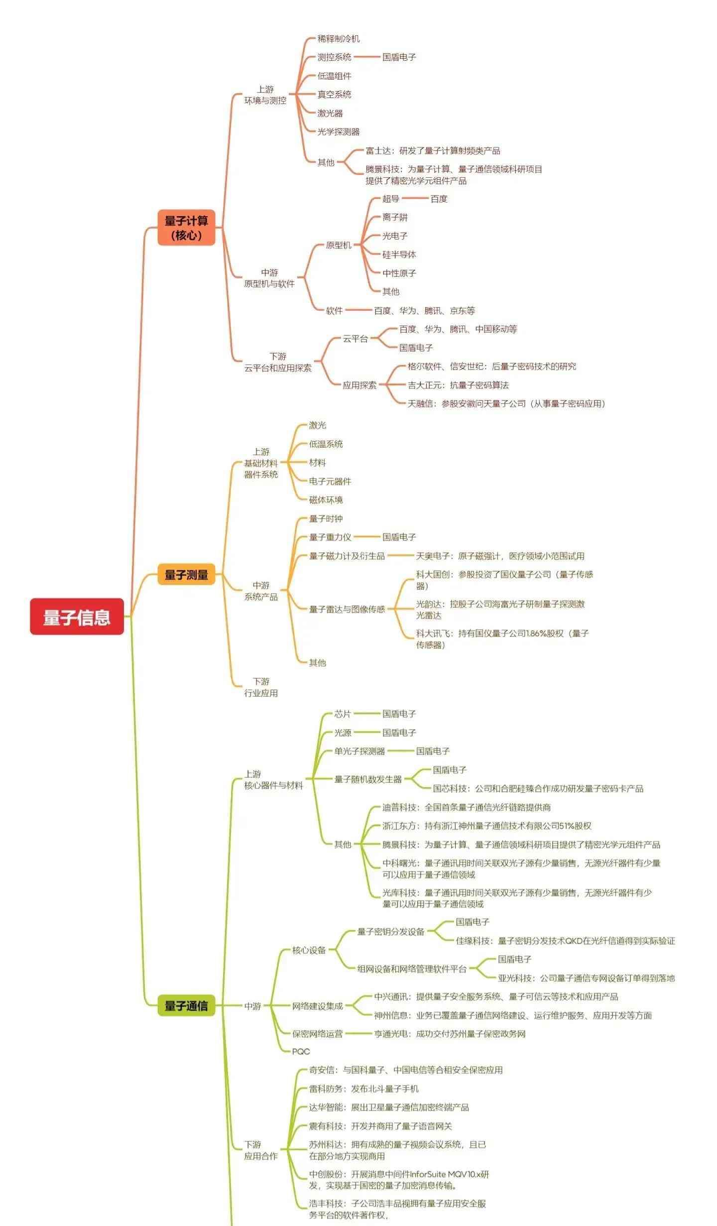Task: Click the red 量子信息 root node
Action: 77,616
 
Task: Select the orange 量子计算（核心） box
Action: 186,228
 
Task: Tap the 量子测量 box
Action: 186,574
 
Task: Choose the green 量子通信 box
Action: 186,1005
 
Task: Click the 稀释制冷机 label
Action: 339,39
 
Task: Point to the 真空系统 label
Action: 334,95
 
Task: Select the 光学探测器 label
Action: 339,132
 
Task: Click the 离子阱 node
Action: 395,217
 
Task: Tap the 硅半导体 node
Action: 399,254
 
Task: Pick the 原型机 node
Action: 339,245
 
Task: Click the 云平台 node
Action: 355,339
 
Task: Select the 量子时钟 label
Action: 326,519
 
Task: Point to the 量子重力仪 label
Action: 330,537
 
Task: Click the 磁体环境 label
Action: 326,500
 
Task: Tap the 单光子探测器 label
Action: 359,751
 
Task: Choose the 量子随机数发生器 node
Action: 368,779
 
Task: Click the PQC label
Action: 301,1051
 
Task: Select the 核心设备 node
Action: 309,950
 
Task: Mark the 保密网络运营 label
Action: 317,1034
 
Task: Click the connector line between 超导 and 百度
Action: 415,199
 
